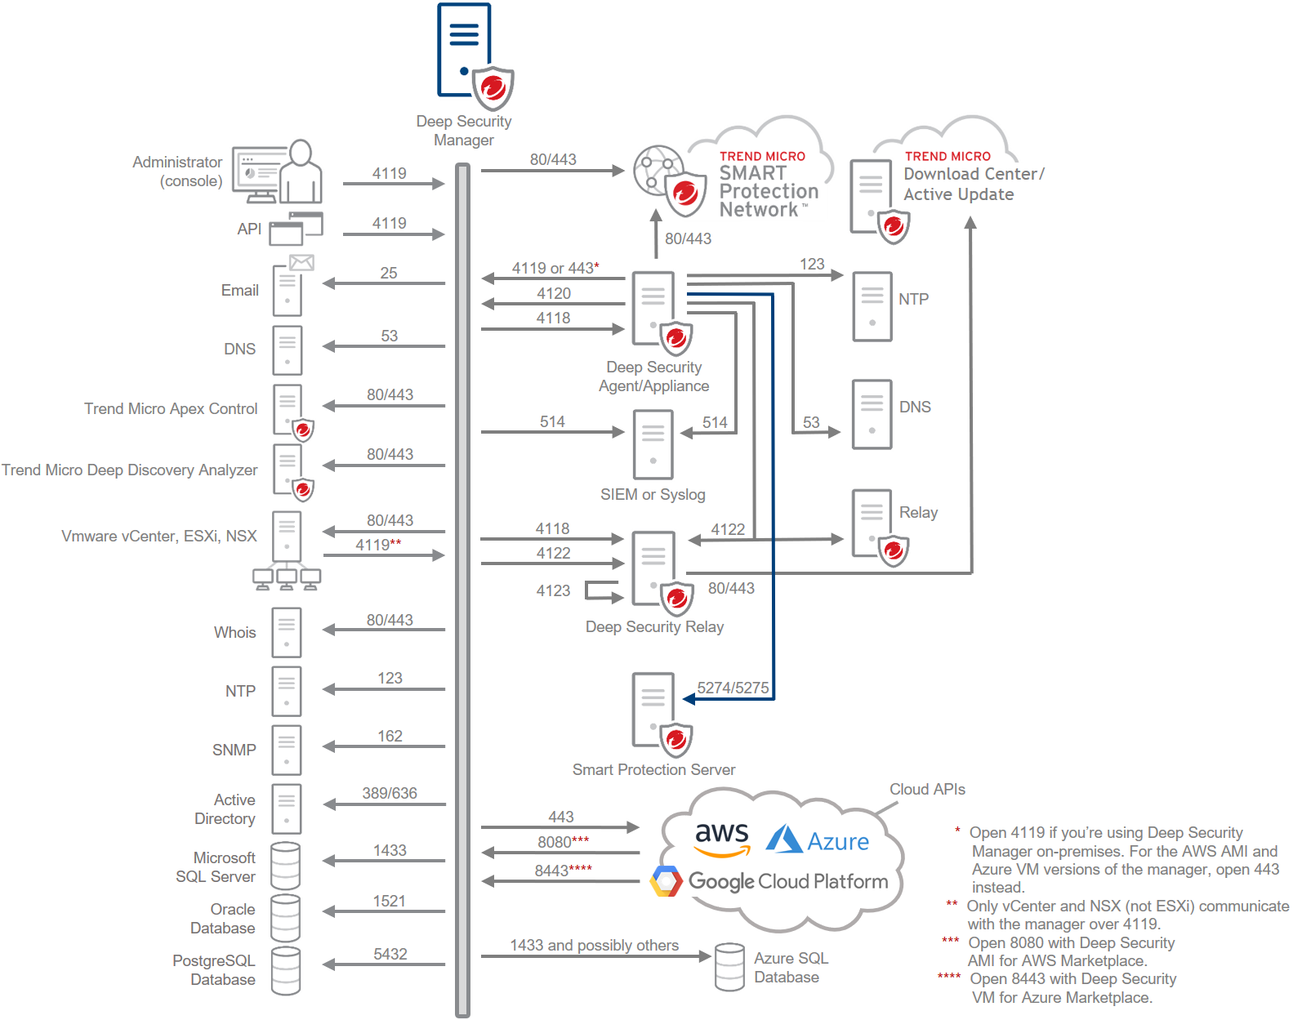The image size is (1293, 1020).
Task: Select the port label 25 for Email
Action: [389, 273]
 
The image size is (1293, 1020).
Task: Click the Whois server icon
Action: [287, 632]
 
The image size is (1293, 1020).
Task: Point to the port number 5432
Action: [390, 954]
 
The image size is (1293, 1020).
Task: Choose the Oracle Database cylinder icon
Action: [286, 918]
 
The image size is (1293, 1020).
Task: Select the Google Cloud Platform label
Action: [787, 881]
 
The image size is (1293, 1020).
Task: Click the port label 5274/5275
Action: [733, 688]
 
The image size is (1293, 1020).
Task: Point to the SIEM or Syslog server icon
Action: [653, 444]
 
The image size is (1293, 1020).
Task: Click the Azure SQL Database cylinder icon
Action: [729, 967]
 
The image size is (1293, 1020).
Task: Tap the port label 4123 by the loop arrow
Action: [553, 590]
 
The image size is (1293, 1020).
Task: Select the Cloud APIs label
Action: [927, 789]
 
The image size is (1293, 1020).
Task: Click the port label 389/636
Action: [390, 793]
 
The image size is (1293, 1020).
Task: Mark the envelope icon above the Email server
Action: [301, 262]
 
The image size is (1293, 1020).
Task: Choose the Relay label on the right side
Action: [918, 512]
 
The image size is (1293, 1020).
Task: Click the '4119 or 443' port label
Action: [554, 268]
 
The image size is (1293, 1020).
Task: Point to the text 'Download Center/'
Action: [974, 174]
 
